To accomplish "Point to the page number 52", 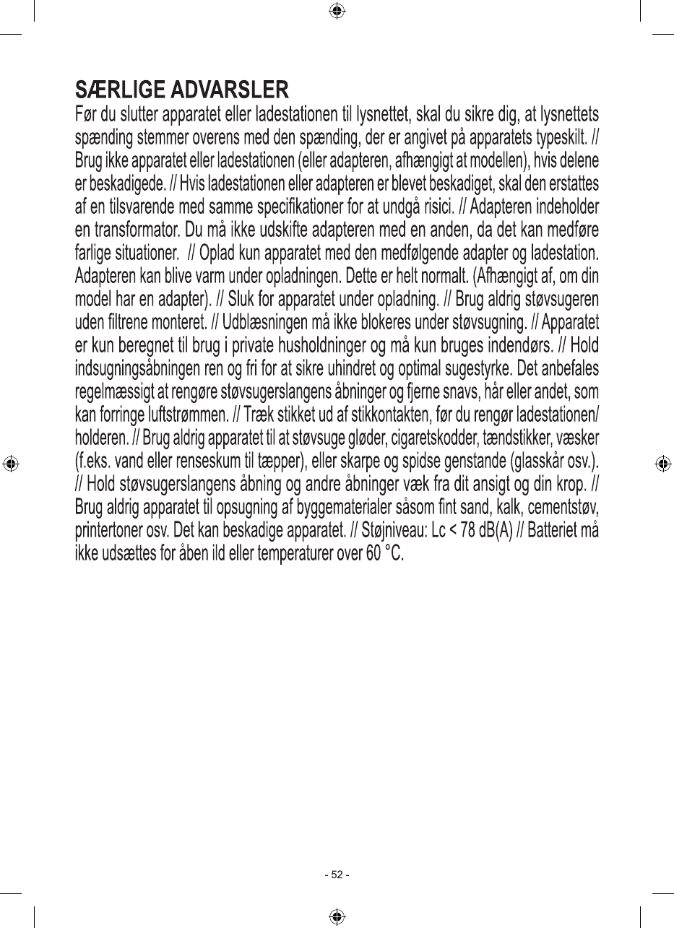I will pyautogui.click(x=337, y=875).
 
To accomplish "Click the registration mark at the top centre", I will pyautogui.click(x=337, y=11).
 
